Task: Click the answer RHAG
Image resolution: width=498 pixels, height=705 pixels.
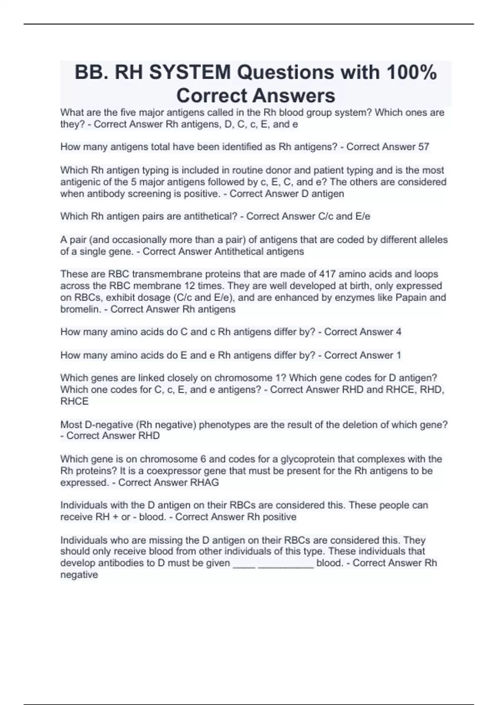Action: (x=204, y=482)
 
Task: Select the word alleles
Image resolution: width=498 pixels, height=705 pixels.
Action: (x=432, y=240)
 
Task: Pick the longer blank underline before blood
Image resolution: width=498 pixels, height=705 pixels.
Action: (x=286, y=564)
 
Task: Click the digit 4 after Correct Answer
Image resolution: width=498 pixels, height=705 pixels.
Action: (x=398, y=332)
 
